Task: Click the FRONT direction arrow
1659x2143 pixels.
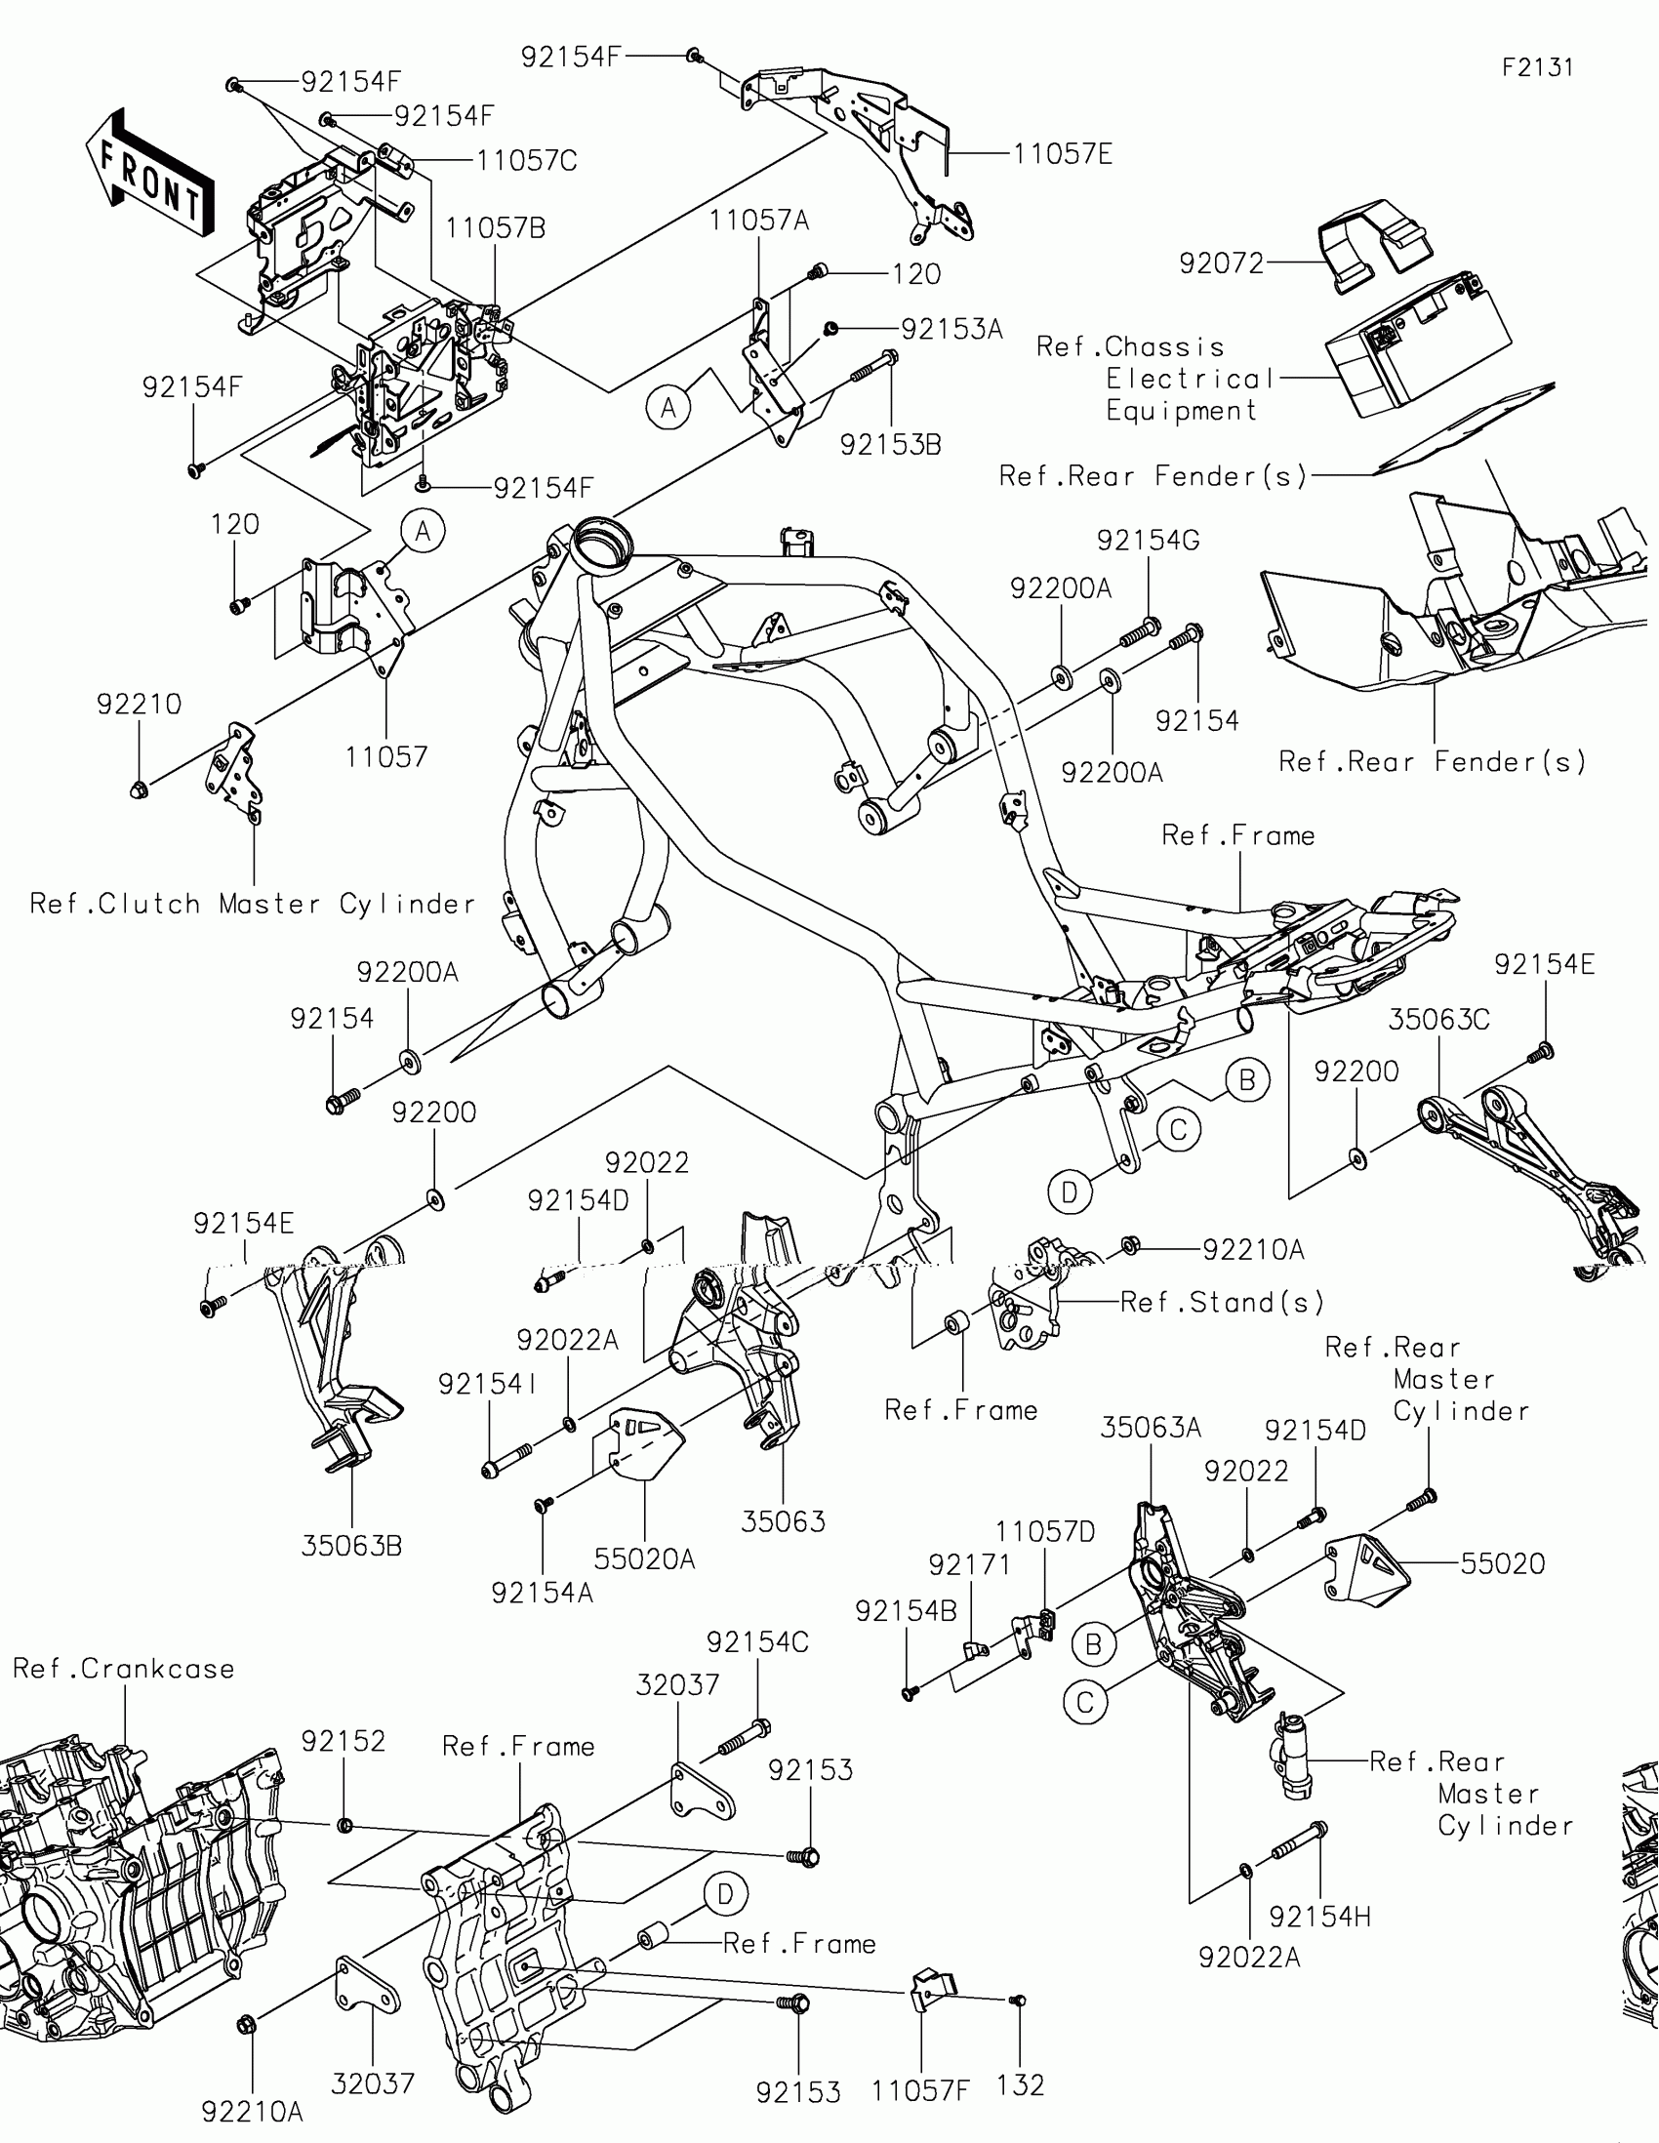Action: click(x=152, y=175)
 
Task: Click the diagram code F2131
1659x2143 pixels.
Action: click(x=1537, y=67)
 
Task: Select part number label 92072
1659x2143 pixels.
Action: click(x=1222, y=263)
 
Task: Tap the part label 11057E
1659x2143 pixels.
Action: click(x=1063, y=155)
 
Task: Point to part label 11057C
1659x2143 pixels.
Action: click(x=527, y=161)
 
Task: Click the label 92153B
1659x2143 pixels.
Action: click(x=890, y=445)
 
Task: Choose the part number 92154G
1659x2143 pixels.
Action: click(x=1148, y=541)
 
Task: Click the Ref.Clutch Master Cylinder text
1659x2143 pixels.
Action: click(x=252, y=904)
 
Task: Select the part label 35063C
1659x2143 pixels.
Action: click(x=1438, y=1021)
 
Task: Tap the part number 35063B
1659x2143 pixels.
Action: click(x=351, y=1546)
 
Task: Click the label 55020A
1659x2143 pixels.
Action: click(x=643, y=1559)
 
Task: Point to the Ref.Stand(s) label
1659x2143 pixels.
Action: click(x=1222, y=1302)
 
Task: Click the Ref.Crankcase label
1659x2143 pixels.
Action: click(x=124, y=1669)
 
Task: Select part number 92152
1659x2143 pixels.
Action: click(x=343, y=1742)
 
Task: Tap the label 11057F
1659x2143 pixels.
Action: click(x=919, y=2091)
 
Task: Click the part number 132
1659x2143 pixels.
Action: click(x=1020, y=2085)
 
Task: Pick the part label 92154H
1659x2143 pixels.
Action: click(x=1319, y=1917)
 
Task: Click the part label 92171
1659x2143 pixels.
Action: click(x=969, y=1565)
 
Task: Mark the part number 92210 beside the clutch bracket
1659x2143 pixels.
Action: click(x=140, y=705)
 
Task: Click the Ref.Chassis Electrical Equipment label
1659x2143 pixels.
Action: click(x=1155, y=379)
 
